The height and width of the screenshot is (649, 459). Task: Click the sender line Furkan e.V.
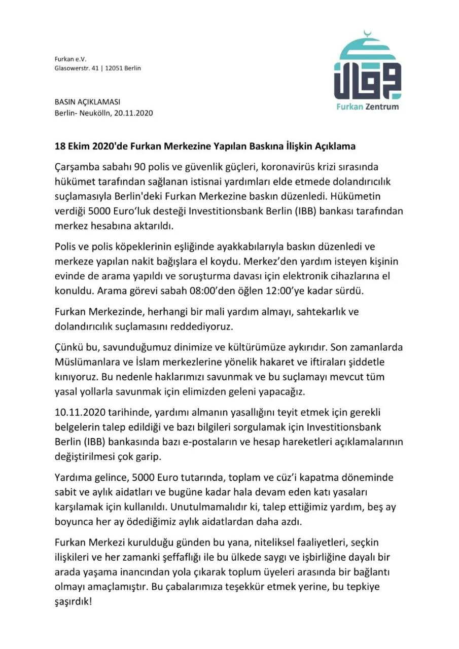tap(70, 59)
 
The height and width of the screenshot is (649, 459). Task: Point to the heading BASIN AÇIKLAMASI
tap(87, 102)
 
